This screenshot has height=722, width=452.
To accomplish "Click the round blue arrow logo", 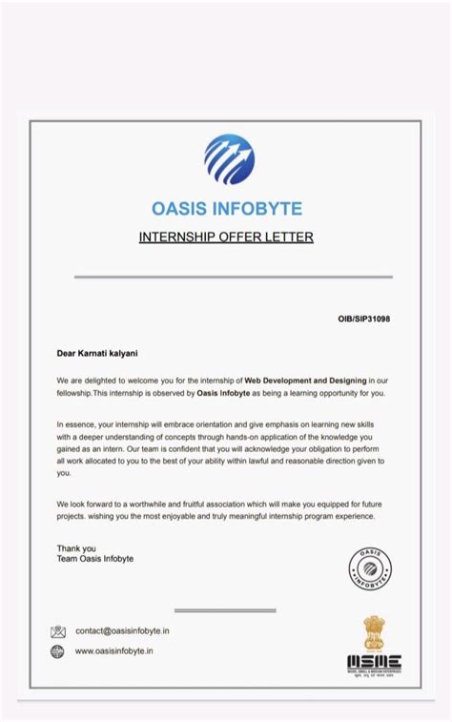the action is (229, 159).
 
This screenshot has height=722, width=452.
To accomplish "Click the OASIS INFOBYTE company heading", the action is (226, 208).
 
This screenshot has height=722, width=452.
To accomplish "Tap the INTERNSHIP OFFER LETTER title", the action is (226, 237).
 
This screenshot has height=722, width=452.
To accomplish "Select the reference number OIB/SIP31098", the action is (363, 319).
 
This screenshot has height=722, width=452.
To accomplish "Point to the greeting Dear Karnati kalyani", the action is (99, 353).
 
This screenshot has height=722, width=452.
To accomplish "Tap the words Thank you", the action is (76, 548).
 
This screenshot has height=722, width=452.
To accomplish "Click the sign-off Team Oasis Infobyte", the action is (95, 559).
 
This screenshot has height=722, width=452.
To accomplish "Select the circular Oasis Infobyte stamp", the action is (369, 568).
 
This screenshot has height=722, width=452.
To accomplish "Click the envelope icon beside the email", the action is (58, 631).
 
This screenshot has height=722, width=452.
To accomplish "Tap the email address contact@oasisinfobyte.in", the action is (122, 631).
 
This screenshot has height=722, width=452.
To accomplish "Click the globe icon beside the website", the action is (58, 651).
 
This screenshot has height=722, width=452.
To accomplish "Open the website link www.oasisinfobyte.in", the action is (114, 651).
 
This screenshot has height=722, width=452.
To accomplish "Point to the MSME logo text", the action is (374, 662).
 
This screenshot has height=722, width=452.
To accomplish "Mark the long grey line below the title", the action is (233, 277).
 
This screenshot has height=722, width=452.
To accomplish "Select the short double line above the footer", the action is (225, 610).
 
